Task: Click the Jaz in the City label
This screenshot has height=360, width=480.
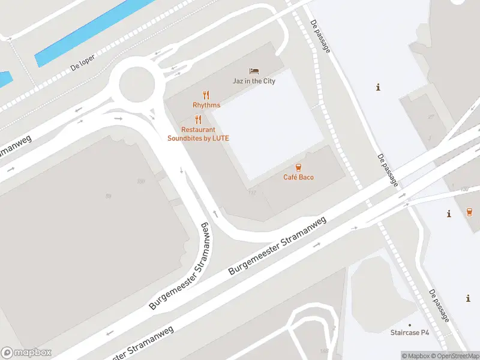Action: [x=254, y=81]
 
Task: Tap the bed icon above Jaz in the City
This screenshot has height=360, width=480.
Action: [x=254, y=71]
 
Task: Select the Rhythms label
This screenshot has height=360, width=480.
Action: [x=206, y=105]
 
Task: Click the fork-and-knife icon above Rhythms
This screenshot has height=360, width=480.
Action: [x=206, y=94]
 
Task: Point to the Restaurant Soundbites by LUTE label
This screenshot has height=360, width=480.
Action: [x=198, y=134]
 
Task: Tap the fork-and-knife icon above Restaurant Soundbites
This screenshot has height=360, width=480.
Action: [x=198, y=119]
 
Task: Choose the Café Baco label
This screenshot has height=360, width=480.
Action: [x=298, y=177]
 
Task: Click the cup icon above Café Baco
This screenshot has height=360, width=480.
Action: [x=298, y=167]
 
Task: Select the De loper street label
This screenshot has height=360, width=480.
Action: [x=83, y=65]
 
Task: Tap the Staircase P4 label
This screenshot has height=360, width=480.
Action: [x=410, y=332]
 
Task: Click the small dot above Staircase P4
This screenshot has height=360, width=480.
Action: [x=410, y=323]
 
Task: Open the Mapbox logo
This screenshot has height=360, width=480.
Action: [x=26, y=353]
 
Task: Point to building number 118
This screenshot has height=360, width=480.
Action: [x=251, y=192]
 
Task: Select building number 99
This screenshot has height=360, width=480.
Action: [x=109, y=196]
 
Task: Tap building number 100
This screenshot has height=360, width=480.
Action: [x=141, y=181]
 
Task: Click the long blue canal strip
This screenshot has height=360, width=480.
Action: [x=96, y=31]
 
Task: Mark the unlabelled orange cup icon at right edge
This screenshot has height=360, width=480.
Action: [x=469, y=211]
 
